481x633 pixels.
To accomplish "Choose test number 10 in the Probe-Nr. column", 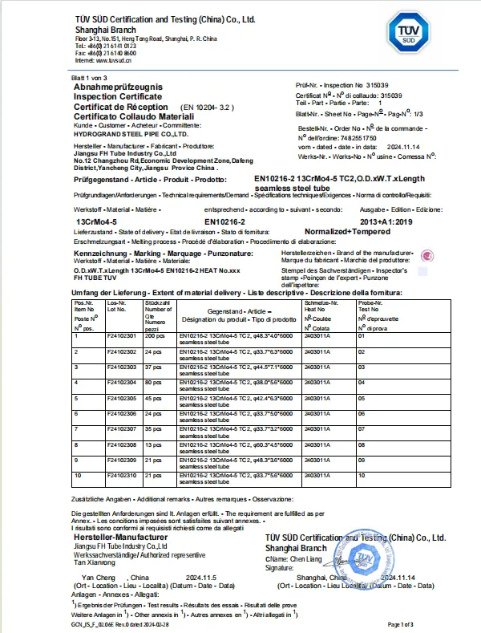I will (x=360, y=475).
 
